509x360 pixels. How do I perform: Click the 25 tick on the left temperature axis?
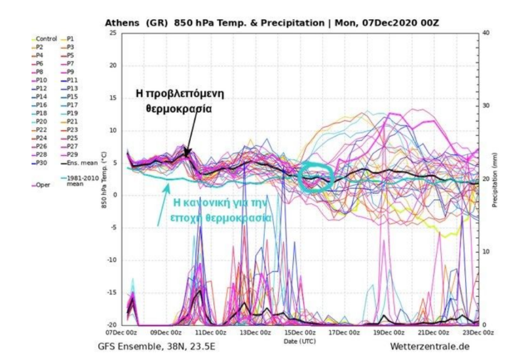[x=113, y=33]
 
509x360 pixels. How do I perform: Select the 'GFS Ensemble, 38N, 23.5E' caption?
[x=157, y=347]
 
